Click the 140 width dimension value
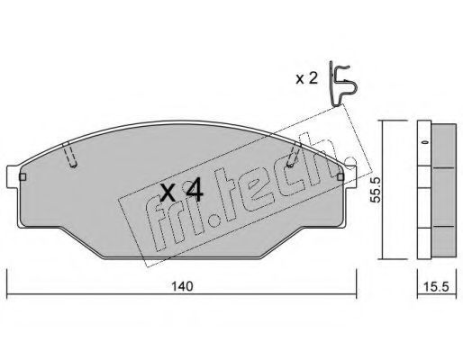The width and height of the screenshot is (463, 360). click(182, 286)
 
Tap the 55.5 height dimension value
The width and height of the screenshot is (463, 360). click(375, 189)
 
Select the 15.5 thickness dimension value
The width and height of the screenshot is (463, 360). click(436, 287)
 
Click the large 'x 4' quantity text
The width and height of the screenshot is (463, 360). click(182, 193)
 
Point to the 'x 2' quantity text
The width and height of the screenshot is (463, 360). click(306, 78)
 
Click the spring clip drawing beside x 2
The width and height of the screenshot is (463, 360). click(342, 84)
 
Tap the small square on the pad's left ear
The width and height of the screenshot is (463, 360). click(23, 177)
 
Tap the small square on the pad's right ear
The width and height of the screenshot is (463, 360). click(340, 177)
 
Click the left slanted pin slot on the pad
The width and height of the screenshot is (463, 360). click(70, 155)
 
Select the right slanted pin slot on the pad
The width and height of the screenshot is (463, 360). click(293, 155)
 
